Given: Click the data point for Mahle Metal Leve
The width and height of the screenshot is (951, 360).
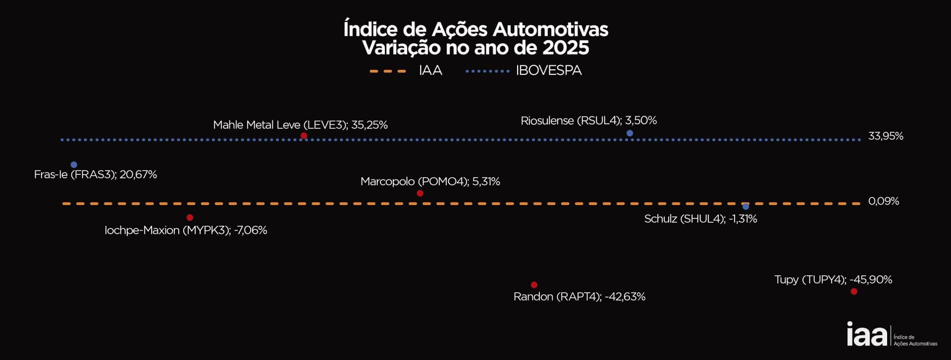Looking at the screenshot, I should [304, 136].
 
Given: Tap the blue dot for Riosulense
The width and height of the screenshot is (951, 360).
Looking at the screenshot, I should [630, 133].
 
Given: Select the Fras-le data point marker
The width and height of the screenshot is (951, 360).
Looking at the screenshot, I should [74, 164].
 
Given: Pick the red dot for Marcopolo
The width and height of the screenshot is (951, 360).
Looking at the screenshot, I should [420, 193].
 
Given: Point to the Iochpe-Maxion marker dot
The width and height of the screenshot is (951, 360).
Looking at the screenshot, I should [190, 217].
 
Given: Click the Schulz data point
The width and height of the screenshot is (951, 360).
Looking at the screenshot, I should [745, 206].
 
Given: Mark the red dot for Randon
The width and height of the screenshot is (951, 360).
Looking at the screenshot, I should [534, 285].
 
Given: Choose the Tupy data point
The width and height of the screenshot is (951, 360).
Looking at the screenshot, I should [853, 292].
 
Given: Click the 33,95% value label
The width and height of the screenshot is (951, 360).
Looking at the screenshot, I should [886, 136].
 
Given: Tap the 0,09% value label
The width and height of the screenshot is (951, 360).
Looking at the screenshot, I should [883, 201].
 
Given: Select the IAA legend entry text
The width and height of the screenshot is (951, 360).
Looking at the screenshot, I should [430, 71].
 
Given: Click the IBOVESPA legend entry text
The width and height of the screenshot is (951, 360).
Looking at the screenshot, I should [549, 71].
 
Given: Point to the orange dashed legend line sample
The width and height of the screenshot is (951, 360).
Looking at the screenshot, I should [388, 71].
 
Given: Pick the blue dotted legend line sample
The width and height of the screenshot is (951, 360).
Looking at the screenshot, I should [487, 71].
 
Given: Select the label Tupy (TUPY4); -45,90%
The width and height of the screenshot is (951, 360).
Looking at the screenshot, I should [833, 280].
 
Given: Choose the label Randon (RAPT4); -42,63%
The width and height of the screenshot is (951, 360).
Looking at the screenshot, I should [579, 297].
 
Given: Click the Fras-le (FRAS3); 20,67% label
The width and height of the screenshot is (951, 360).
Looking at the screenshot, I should [95, 175].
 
